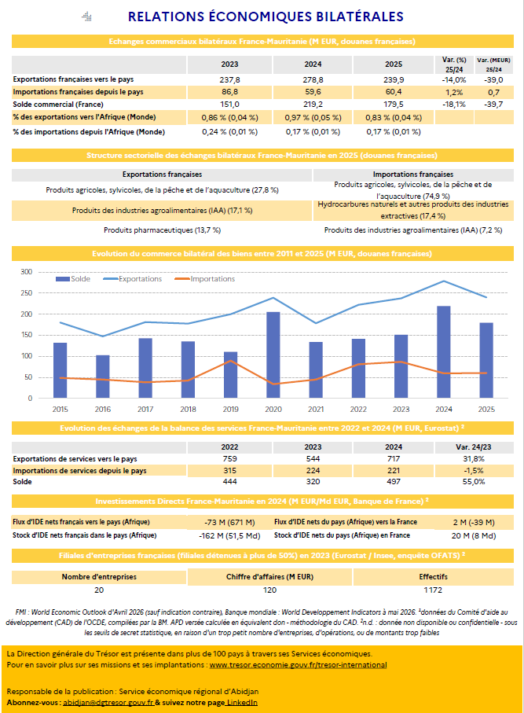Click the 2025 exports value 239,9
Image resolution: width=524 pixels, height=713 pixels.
(394, 79)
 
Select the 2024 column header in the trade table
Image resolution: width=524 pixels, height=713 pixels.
(313, 64)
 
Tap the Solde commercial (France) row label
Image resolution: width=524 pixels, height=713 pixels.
(58, 104)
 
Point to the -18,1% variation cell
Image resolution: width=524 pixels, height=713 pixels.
(454, 104)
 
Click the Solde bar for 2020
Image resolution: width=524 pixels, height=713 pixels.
(273, 355)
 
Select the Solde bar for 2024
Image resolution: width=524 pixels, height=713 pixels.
(444, 352)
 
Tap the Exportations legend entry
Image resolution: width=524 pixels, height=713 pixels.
(133, 279)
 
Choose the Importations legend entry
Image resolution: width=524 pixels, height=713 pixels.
(205, 279)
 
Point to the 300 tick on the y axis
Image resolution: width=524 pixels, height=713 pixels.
(27, 272)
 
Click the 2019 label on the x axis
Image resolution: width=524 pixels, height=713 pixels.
(230, 410)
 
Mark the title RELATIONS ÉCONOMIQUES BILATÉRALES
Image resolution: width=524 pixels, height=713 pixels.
(266, 17)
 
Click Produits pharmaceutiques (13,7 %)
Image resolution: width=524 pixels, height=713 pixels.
(163, 230)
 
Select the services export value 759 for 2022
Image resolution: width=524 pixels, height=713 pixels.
(229, 459)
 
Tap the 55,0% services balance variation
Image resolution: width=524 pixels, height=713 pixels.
(474, 482)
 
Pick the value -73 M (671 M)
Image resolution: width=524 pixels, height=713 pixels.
(229, 523)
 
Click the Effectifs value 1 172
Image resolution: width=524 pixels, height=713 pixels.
(433, 590)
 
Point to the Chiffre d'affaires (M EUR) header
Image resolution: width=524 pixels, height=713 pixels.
(270, 576)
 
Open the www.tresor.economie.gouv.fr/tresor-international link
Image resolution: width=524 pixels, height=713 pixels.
(298, 665)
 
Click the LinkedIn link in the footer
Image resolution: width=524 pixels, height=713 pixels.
(242, 703)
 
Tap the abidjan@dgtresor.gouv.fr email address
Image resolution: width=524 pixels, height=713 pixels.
(108, 703)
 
